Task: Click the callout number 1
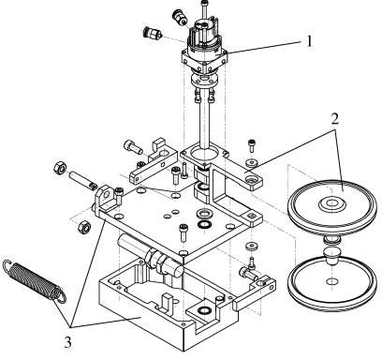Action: coord(309,41)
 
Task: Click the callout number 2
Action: coord(335,118)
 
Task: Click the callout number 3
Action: coord(67,342)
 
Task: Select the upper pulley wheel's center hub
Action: coord(332,204)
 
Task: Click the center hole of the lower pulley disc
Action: coord(331,281)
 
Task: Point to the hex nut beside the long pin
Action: coord(59,168)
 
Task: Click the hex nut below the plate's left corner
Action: coord(84,227)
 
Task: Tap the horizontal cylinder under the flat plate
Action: coord(150,256)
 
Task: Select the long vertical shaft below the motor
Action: coord(206,124)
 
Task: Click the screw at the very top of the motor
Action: coord(204,8)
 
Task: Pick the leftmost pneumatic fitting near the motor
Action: coord(153,33)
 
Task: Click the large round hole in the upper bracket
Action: coord(204,153)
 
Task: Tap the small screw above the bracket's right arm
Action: coord(252,145)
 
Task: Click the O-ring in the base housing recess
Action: coord(204,309)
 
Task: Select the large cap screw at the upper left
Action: coord(133,147)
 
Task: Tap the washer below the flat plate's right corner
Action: coord(252,246)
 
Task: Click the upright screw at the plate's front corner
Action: coord(183,232)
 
